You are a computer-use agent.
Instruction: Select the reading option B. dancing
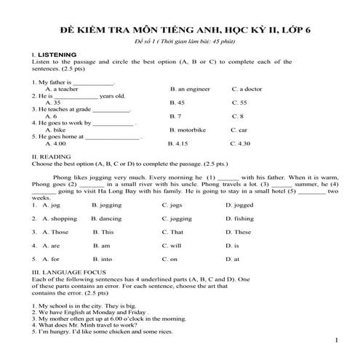(x=107, y=218)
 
